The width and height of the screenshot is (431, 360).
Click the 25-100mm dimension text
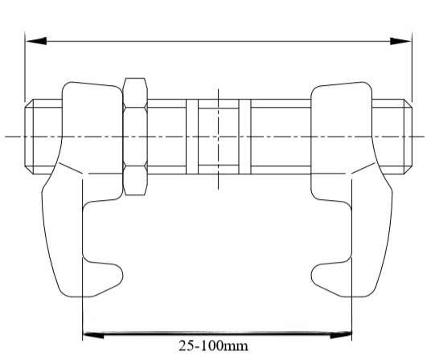(215, 347)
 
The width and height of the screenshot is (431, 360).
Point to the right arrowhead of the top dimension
(401, 39)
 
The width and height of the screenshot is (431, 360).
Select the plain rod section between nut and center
(166, 136)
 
